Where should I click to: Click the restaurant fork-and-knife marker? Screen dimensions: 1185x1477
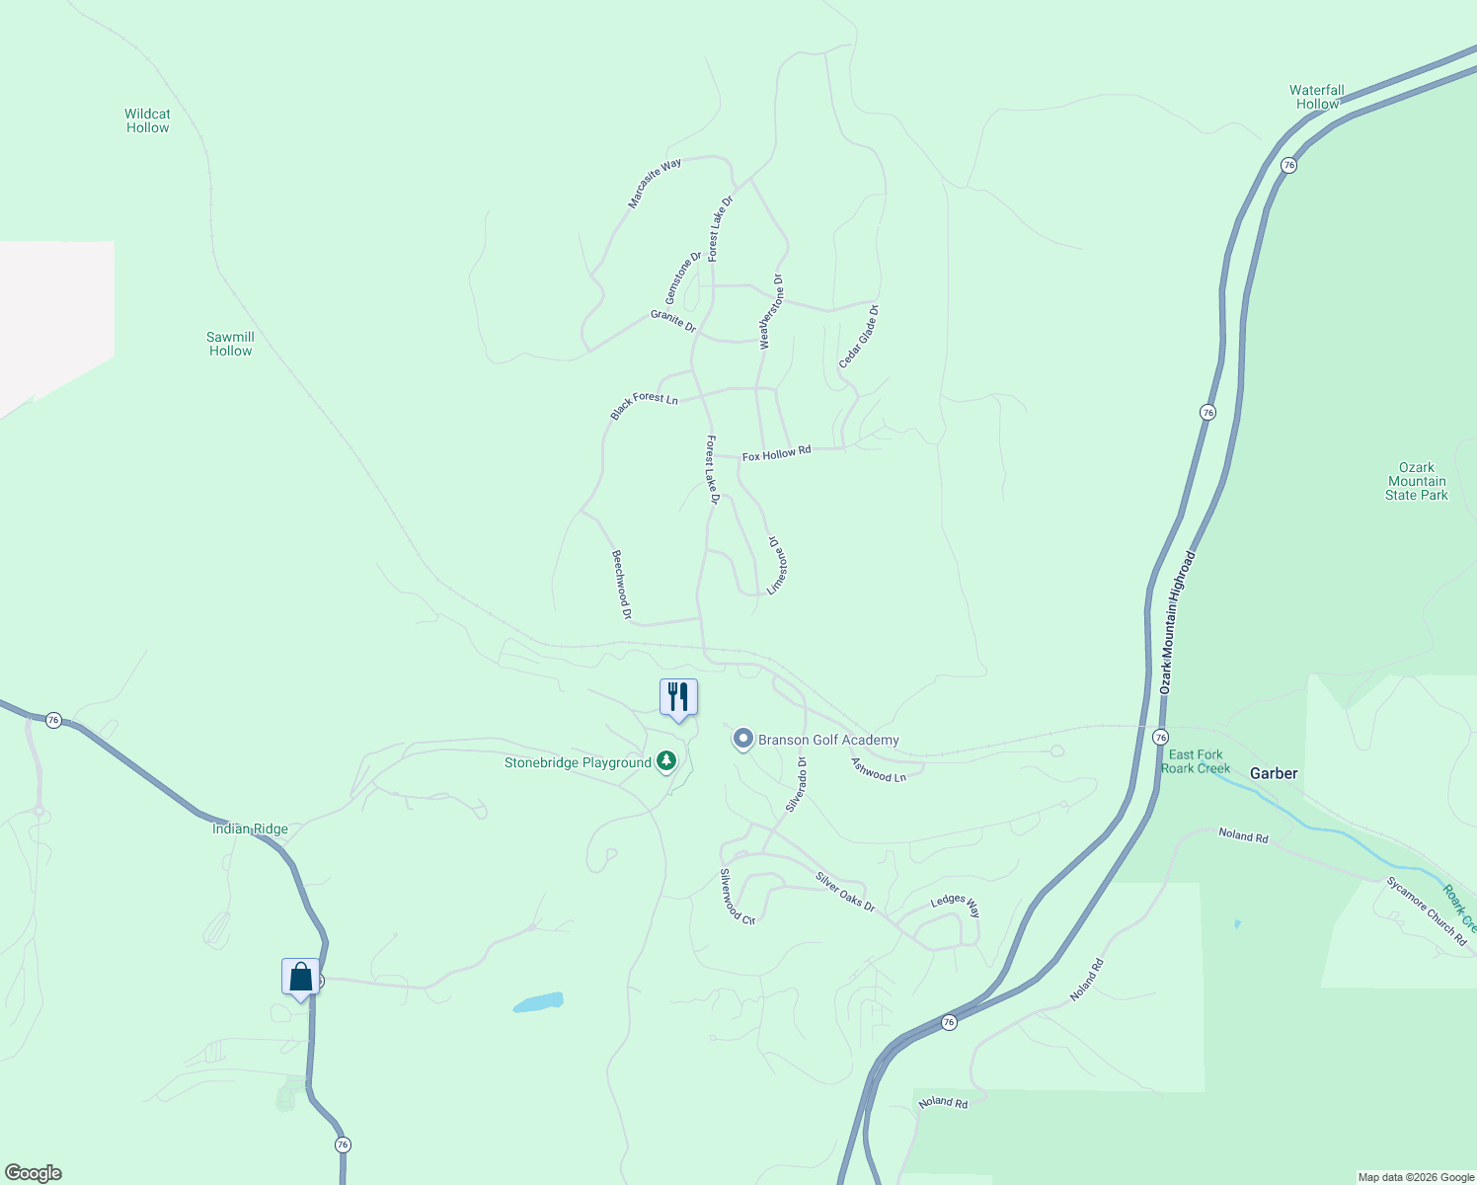[x=678, y=697]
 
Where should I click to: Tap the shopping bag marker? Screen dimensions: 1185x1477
[x=300, y=977]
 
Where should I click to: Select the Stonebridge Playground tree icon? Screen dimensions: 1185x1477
[x=667, y=760]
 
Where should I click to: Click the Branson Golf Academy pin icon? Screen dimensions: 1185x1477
[x=742, y=739]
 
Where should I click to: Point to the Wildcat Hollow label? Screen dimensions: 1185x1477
[x=147, y=120]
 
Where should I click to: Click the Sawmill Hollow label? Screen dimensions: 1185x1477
[x=230, y=344]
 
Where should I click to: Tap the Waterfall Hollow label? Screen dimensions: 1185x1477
[x=1317, y=97]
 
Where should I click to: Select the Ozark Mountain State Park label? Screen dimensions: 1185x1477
[x=1416, y=481]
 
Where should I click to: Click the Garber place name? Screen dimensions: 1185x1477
[x=1274, y=773]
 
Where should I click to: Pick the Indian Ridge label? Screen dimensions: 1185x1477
[x=250, y=829]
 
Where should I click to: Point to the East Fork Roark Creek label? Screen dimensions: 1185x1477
[x=1196, y=761]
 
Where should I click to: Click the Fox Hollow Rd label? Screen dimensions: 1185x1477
[x=776, y=453]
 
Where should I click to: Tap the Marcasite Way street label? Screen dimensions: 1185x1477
[x=655, y=184]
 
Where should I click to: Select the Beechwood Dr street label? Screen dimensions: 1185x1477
[x=621, y=585]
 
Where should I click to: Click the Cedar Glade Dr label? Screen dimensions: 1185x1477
[x=859, y=337]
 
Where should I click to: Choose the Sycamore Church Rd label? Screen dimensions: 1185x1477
[x=1427, y=910]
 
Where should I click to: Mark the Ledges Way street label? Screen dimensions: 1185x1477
[x=956, y=905]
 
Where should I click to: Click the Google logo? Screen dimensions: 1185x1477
[x=34, y=1173]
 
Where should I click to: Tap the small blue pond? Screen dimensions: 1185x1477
[x=538, y=1002]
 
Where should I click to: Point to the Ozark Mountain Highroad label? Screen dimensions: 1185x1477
[x=1177, y=622]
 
